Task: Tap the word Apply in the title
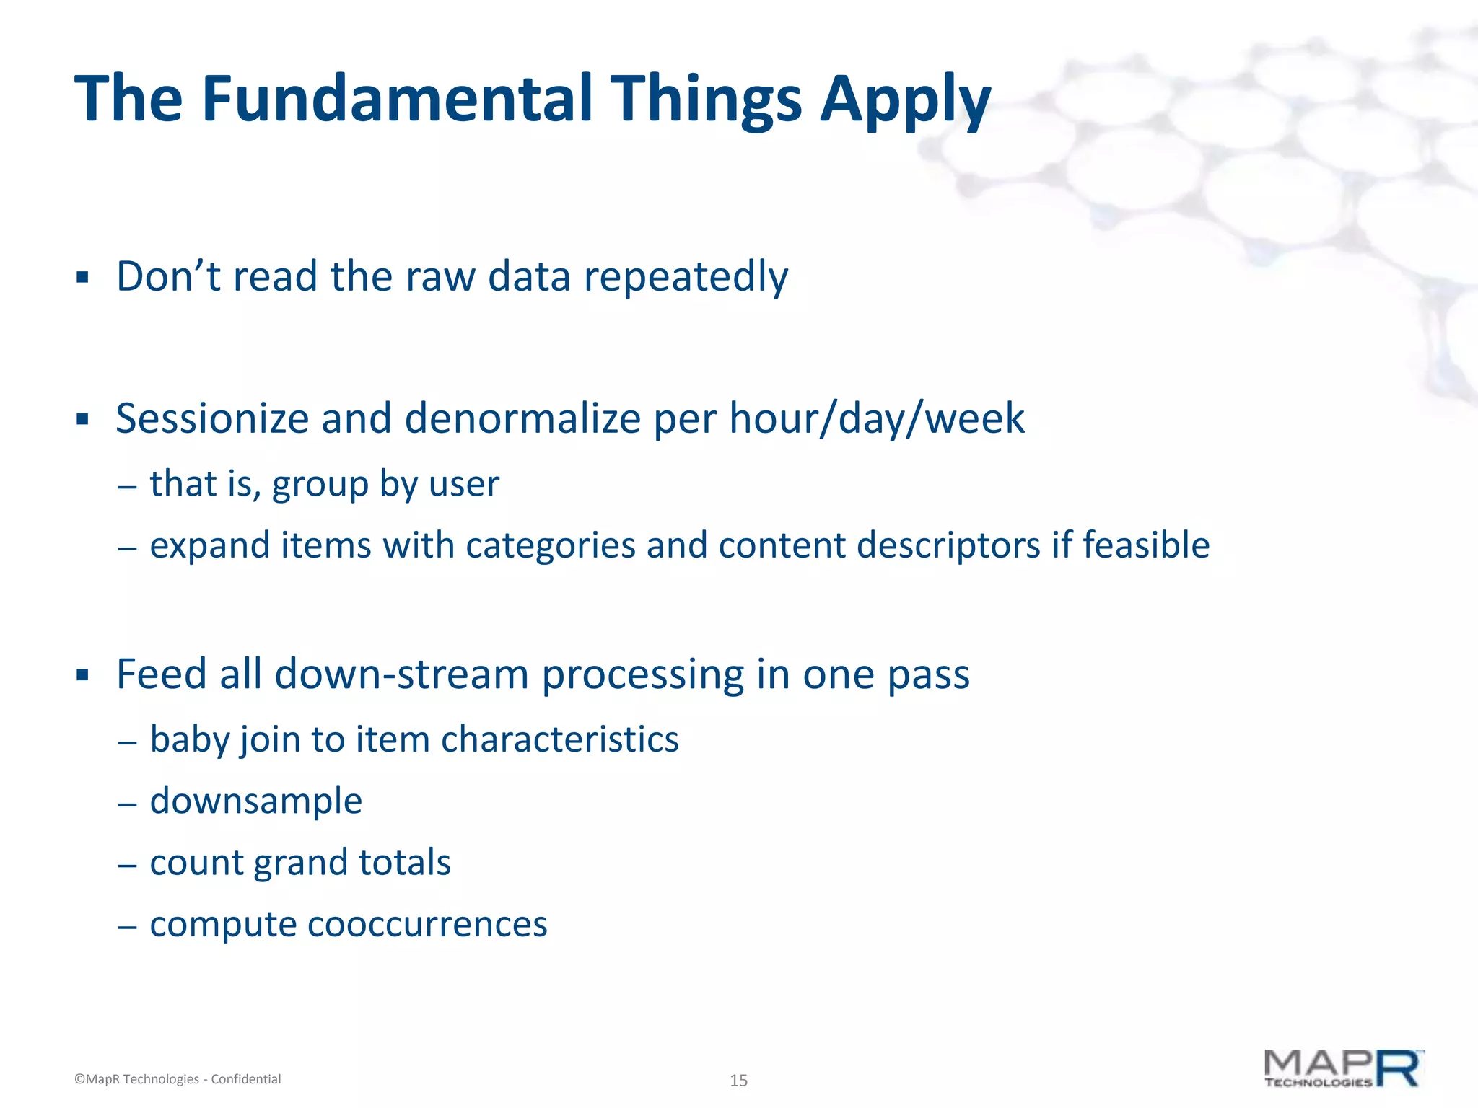click(905, 101)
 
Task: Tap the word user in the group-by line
click(463, 483)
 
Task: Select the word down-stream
click(402, 674)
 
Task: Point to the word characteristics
click(559, 740)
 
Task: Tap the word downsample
click(255, 801)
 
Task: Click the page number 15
click(738, 1081)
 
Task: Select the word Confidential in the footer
click(245, 1079)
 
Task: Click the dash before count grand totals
click(127, 864)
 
